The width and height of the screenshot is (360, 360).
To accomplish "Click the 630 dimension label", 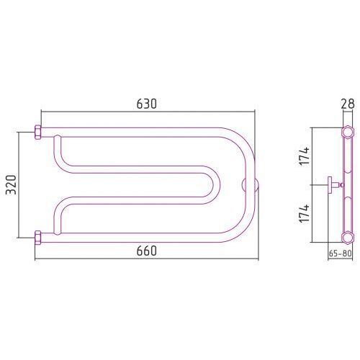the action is pyautogui.click(x=146, y=104).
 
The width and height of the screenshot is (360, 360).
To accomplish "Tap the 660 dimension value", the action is pyautogui.click(x=146, y=251).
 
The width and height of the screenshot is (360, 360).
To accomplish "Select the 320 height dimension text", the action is pyautogui.click(x=12, y=184).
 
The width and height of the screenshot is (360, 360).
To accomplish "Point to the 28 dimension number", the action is pyautogui.click(x=348, y=104).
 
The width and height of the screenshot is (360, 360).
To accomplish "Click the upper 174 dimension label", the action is pyautogui.click(x=305, y=156).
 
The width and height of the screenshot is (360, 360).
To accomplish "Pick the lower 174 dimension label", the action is pyautogui.click(x=305, y=214).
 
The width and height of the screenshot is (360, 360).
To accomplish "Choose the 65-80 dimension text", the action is pyautogui.click(x=340, y=253).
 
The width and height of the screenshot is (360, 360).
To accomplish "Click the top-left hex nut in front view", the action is pyautogui.click(x=38, y=132).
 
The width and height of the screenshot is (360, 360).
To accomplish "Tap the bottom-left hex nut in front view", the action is pyautogui.click(x=38, y=238).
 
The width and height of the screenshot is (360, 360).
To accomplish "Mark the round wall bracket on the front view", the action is pyautogui.click(x=250, y=185).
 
